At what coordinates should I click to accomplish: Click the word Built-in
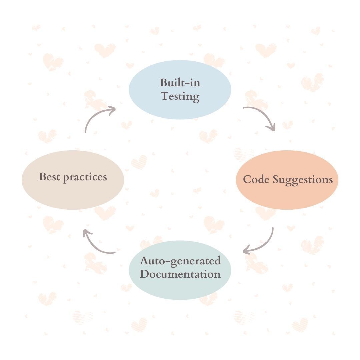pos(180,82)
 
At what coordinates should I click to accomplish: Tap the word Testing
pos(180,96)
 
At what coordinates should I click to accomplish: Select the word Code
pos(256,179)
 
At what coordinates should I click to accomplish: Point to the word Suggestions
pos(303,180)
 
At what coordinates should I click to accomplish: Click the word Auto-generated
pos(180,261)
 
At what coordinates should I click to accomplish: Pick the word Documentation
pos(180,274)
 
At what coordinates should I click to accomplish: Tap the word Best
pos(50,177)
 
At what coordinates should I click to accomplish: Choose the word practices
pos(85,177)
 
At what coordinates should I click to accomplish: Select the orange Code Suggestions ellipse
pos(287,197)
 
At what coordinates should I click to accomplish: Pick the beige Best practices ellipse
pos(73,195)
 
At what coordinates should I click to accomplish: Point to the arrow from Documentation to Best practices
pos(97,245)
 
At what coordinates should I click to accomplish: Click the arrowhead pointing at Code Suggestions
pos(273,127)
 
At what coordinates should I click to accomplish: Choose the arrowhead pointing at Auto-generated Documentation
pos(247,250)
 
